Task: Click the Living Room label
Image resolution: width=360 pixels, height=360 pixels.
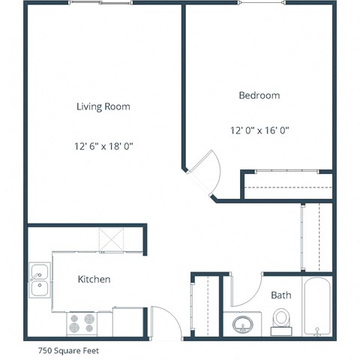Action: (103, 106)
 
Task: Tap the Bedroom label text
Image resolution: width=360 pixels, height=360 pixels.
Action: (259, 95)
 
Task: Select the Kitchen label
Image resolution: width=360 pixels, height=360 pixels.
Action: (94, 280)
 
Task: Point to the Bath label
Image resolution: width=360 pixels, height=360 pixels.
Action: (281, 295)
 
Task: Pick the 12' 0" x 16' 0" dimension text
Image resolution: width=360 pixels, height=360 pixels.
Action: (259, 130)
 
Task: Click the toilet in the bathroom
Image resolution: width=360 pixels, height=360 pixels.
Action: (282, 321)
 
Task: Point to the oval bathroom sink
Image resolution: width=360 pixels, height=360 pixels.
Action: (242, 325)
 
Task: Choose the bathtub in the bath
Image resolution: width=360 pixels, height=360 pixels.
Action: (318, 307)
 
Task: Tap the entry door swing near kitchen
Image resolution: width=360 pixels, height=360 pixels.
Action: (165, 321)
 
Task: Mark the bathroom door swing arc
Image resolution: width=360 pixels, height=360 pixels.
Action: (244, 289)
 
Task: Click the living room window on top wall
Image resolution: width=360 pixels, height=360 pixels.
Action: (100, 3)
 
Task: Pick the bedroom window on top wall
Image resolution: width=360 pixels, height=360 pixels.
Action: (262, 3)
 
